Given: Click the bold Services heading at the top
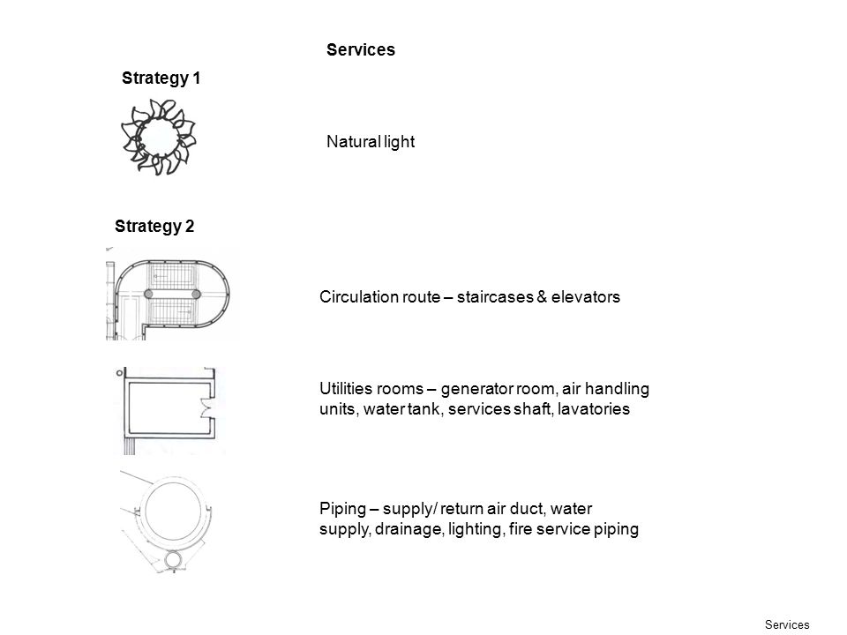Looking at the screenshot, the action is [x=361, y=49].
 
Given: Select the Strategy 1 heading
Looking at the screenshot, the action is [x=161, y=78].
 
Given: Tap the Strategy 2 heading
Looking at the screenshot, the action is [x=154, y=227].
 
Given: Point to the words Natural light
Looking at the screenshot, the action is [x=371, y=142].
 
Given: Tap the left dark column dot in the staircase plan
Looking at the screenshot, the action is [x=148, y=295].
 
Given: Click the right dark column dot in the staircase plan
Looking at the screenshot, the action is [x=196, y=295].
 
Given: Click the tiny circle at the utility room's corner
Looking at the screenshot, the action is [x=119, y=372].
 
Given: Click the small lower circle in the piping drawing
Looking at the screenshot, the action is [x=174, y=560].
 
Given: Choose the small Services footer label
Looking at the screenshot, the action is [x=787, y=624].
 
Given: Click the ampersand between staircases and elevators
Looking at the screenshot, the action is [x=543, y=297].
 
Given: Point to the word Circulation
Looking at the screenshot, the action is [x=379, y=297].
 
